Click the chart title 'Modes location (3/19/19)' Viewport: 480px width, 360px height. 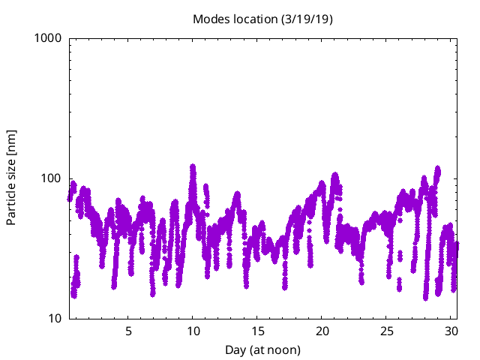pos(262,19)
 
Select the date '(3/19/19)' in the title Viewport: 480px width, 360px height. pos(305,19)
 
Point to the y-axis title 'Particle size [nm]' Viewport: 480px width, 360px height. pos(12,178)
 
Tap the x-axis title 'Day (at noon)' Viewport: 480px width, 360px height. pos(262,349)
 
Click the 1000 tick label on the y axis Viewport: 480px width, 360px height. pos(49,38)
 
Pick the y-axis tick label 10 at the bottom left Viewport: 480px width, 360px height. pos(55,319)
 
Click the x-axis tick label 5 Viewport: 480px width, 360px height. pos(128,331)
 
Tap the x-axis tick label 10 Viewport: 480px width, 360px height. pos(193,331)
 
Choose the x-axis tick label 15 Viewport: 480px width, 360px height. pos(257,331)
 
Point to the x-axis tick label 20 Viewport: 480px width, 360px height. pos(322,331)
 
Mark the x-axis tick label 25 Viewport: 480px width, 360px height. pos(386,331)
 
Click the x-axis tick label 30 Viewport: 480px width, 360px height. pos(451,331)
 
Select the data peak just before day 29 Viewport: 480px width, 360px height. pos(437,169)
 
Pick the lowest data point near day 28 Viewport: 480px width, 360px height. pos(425,297)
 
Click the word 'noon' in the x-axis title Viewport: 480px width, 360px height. pos(283,349)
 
